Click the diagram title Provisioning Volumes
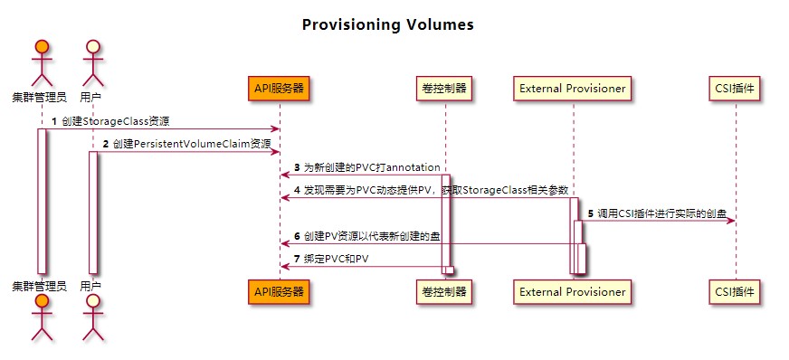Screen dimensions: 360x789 (387, 24)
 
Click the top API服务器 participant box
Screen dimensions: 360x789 (279, 89)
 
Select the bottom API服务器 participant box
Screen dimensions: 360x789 (279, 292)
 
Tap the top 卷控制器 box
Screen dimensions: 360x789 (445, 89)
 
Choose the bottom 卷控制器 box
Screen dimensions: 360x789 (445, 292)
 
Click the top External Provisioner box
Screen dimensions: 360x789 (573, 89)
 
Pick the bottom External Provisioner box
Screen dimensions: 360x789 (573, 292)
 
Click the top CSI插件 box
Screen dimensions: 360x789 (735, 89)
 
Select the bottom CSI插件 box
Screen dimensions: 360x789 (735, 292)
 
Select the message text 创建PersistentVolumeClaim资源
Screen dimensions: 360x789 (191, 144)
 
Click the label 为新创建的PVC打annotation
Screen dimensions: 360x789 (371, 167)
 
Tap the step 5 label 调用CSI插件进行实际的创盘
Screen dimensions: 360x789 (661, 213)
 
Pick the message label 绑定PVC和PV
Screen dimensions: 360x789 (336, 260)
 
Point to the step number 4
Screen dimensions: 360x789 (297, 190)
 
